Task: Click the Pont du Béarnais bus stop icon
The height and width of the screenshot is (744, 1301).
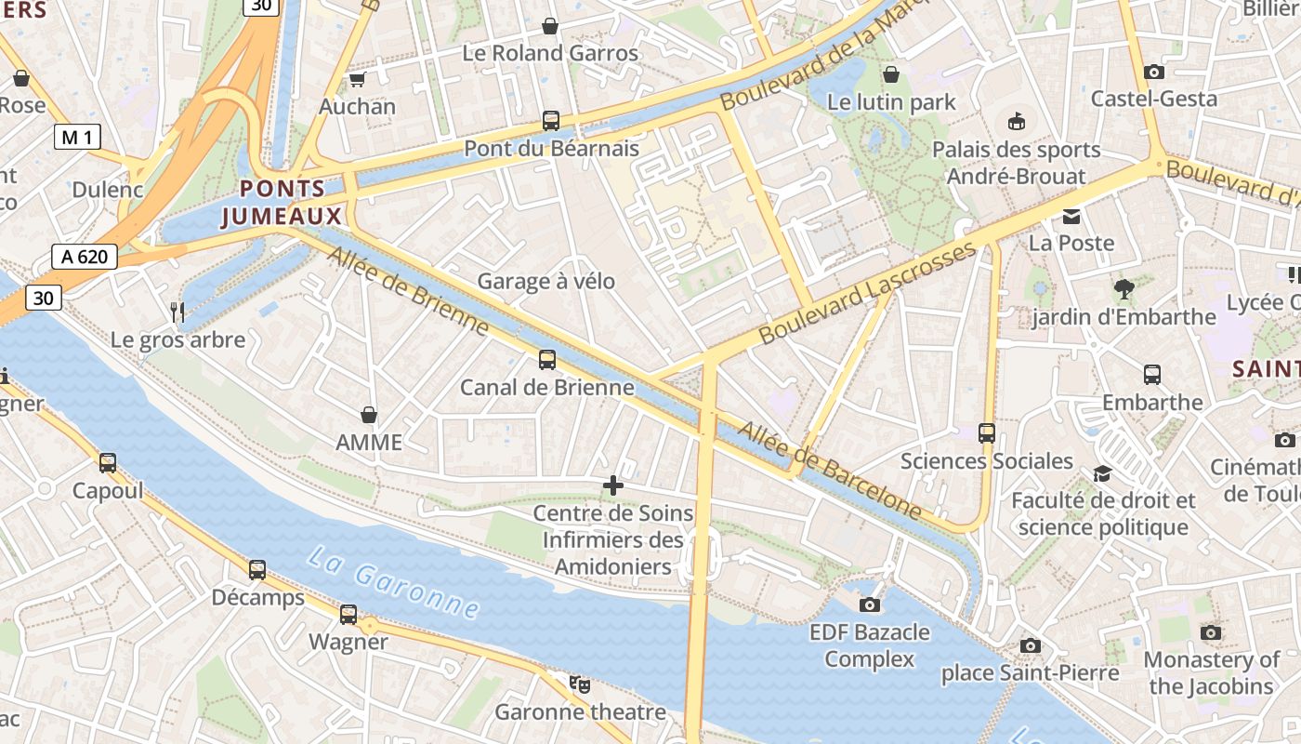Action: click(x=550, y=121)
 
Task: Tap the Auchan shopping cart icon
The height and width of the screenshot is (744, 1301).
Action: click(x=357, y=79)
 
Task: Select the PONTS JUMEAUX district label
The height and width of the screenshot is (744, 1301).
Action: click(x=283, y=203)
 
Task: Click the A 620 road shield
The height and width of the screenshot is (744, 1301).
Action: click(x=85, y=257)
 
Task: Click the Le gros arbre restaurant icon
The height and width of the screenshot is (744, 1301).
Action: click(x=178, y=312)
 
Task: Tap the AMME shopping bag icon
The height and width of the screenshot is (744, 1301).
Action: click(x=369, y=414)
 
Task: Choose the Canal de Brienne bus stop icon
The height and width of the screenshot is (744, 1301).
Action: click(x=547, y=360)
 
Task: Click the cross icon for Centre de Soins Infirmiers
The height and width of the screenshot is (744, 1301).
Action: click(x=613, y=485)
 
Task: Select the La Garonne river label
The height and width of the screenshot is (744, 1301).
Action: click(x=394, y=583)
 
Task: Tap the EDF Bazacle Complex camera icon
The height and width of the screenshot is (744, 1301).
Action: click(x=870, y=604)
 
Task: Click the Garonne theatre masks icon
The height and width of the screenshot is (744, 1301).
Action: click(x=580, y=684)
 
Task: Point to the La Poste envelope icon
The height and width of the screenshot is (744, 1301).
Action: click(x=1071, y=216)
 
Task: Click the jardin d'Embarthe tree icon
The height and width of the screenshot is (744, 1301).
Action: click(x=1124, y=289)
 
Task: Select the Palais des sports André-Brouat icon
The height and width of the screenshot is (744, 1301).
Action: click(x=1017, y=121)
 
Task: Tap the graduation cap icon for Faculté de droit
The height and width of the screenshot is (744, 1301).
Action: click(x=1102, y=473)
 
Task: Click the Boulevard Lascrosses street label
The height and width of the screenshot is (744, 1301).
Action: click(x=868, y=293)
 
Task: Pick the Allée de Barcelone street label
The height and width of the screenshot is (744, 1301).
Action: click(x=830, y=470)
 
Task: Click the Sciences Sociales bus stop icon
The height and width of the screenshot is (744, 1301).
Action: click(x=987, y=433)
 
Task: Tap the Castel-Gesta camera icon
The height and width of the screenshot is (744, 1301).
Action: click(x=1154, y=72)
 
